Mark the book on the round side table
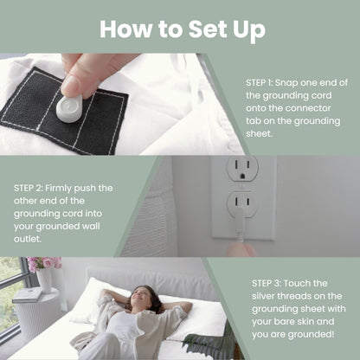tap(27, 295)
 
